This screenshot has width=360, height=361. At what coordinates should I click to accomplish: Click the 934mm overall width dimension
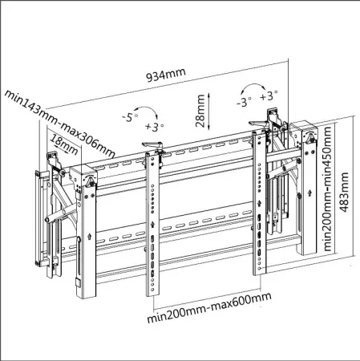point(166,74)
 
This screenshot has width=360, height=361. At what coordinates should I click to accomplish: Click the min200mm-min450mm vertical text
point(328,189)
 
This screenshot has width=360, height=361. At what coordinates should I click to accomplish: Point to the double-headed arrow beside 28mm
point(204,112)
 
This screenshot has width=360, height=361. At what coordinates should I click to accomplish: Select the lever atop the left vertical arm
point(153,146)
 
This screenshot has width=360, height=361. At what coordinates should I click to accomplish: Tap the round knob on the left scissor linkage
point(47,219)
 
